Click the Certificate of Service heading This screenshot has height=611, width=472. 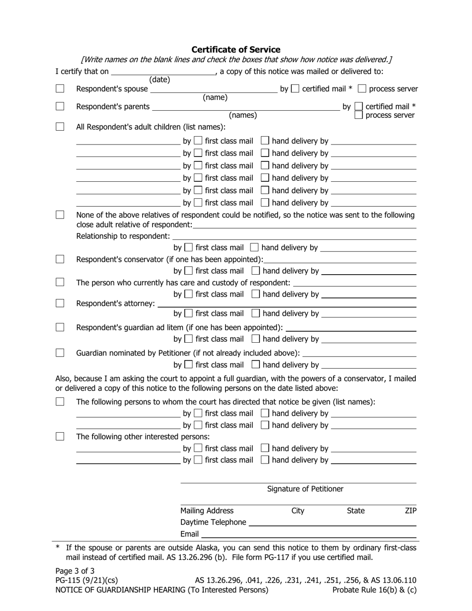point(236,50)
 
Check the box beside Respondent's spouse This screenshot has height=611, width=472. point(60,89)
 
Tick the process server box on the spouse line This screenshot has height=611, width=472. point(362,89)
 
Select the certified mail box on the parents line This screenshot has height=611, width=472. point(358,106)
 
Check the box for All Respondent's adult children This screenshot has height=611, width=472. point(60,127)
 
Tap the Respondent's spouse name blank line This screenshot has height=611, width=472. point(214,90)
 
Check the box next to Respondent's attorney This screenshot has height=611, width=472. point(60,303)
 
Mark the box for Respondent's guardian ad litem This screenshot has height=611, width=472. point(60,327)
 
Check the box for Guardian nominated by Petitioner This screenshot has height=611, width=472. point(60,353)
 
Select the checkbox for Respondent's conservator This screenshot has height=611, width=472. point(60,259)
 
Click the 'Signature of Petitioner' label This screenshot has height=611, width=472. point(305,489)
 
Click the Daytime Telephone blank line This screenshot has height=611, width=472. point(332,523)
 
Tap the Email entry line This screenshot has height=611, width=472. point(309,535)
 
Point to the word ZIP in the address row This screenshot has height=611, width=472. point(410,511)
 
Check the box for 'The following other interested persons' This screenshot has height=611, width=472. point(60,437)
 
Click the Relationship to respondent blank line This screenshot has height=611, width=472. point(294,237)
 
